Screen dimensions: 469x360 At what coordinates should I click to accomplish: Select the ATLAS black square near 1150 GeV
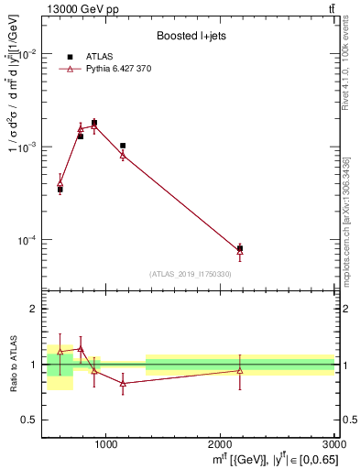[x=123, y=146]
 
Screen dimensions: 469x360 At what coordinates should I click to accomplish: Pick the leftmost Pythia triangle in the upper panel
[x=60, y=183]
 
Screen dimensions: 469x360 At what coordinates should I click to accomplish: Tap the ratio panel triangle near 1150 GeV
[x=123, y=384]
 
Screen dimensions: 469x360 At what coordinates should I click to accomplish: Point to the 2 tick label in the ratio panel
[x=32, y=310]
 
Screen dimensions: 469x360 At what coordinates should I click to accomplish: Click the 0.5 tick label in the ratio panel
[x=29, y=420]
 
